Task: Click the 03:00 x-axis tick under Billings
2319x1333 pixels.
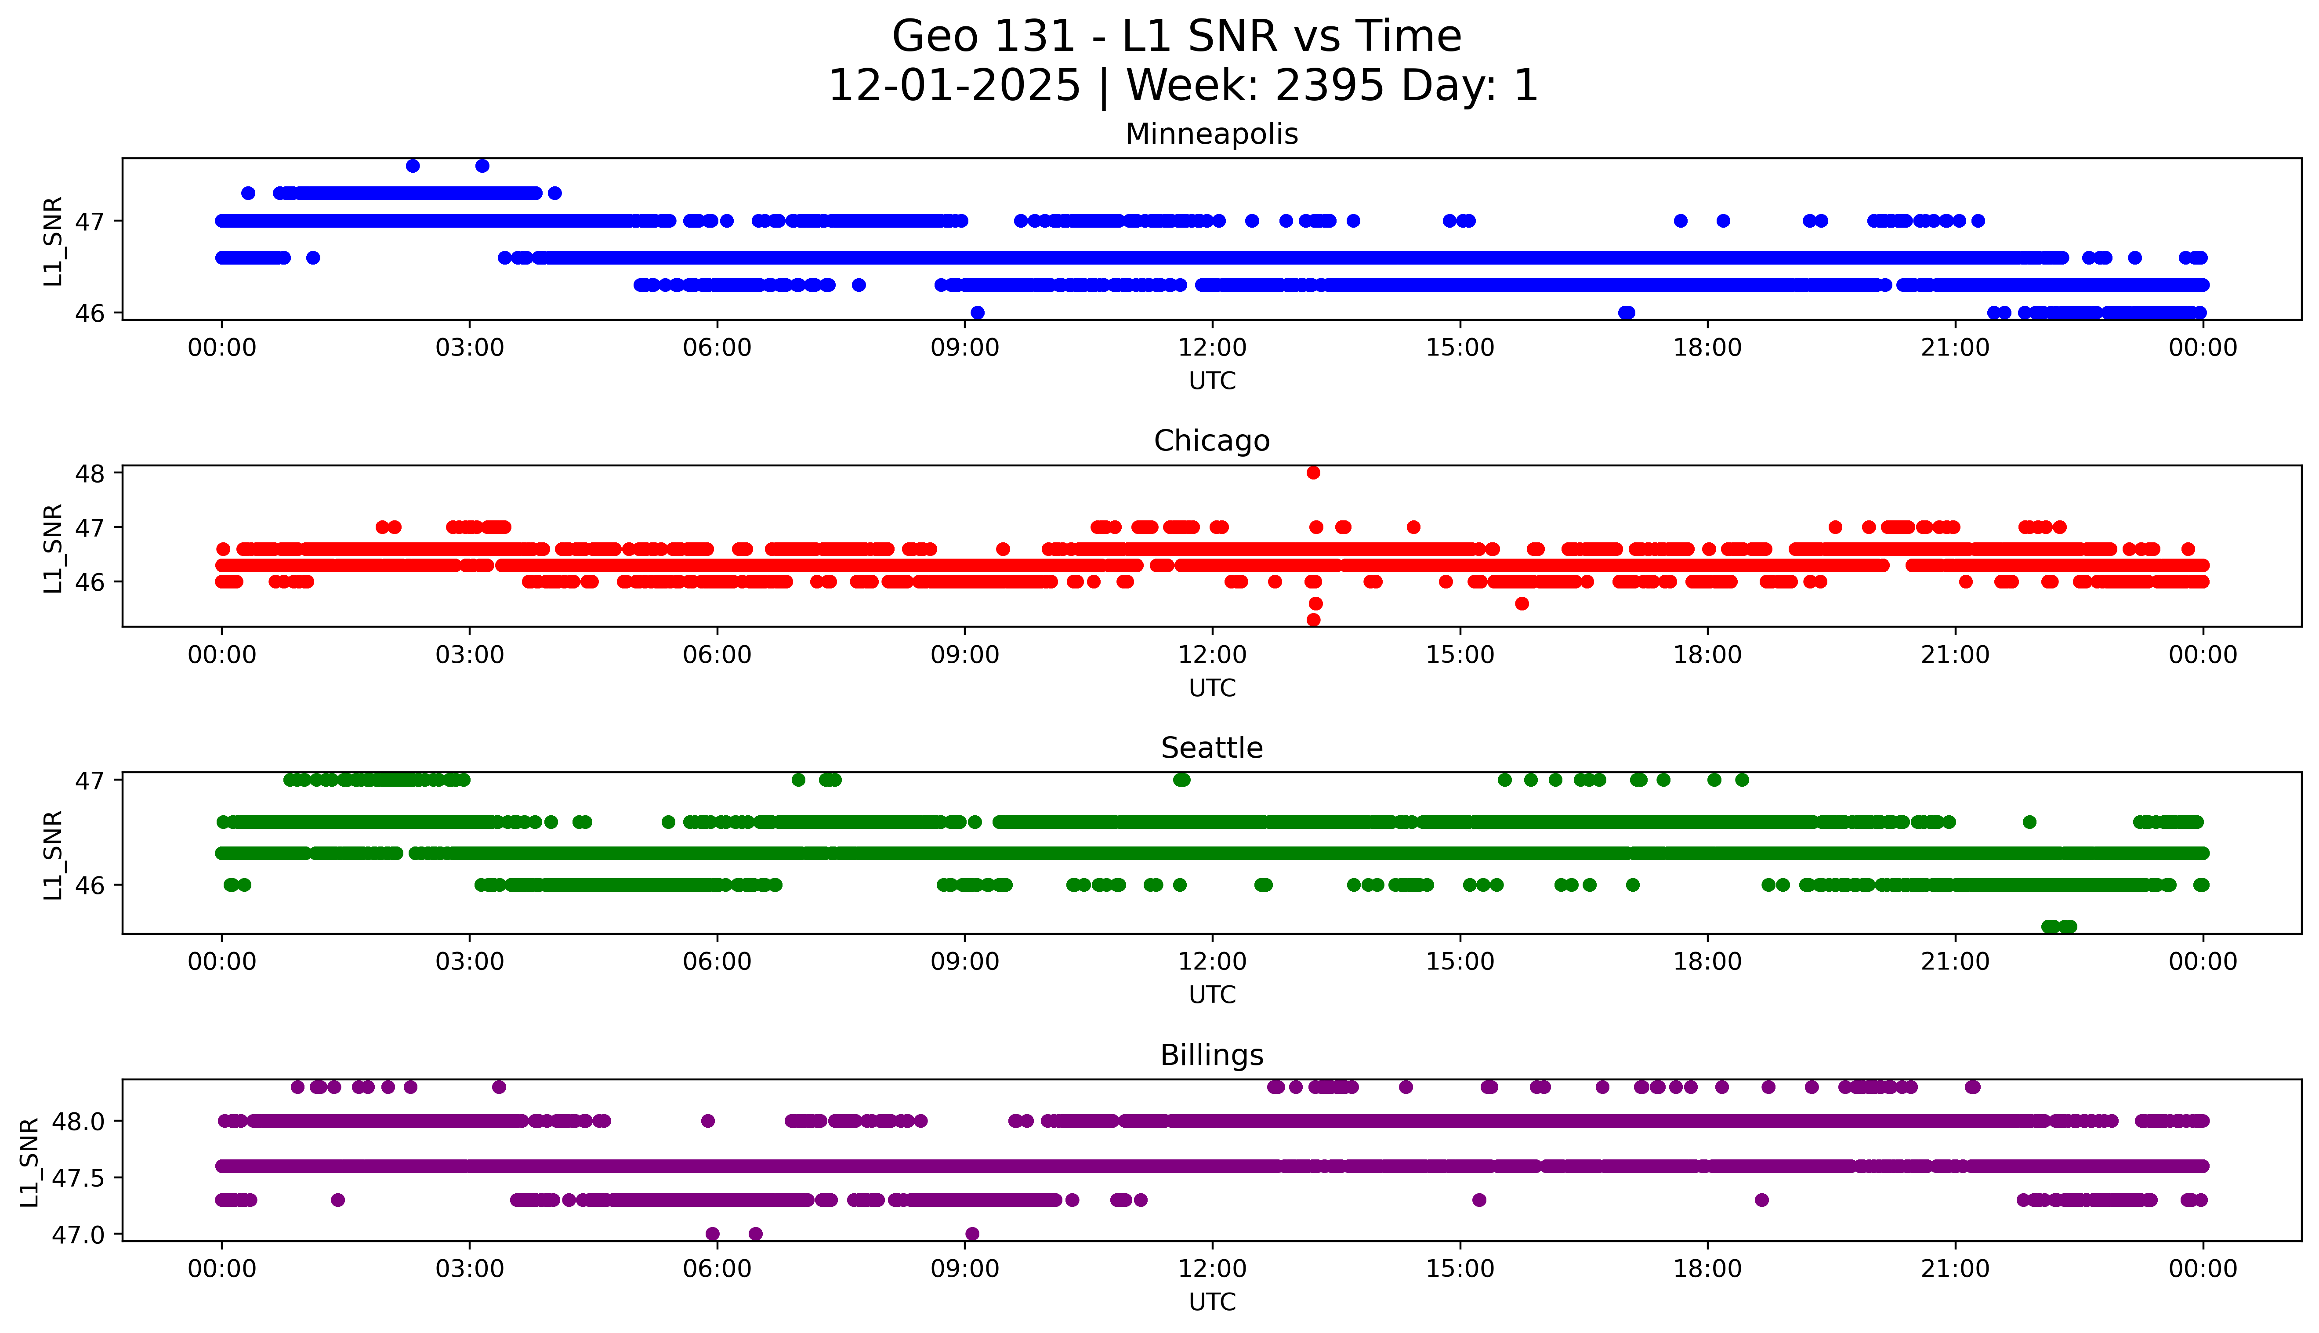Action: click(x=470, y=1269)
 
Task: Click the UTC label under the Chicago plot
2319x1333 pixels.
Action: click(x=1212, y=687)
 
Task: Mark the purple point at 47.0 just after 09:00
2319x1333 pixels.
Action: click(x=972, y=1234)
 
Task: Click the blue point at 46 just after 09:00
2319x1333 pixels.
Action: click(x=978, y=313)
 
